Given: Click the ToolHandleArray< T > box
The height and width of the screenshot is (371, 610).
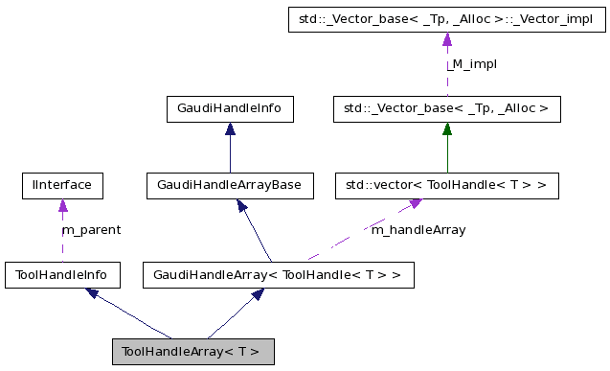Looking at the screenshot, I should coord(192,351).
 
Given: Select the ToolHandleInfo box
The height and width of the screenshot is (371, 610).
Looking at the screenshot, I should coord(62,276).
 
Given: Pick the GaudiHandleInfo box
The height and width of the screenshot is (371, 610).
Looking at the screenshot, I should coord(230,109).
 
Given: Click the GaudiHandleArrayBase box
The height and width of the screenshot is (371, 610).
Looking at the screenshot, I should coord(230,184).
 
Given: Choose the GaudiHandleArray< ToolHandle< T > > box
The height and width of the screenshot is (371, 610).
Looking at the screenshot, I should coord(278,276).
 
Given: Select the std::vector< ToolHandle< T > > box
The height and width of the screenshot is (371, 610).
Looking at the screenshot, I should coord(446,184).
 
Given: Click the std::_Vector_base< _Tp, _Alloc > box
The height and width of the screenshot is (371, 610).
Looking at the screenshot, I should coord(446,109).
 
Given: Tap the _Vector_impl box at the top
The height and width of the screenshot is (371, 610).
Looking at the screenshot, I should coord(446,20).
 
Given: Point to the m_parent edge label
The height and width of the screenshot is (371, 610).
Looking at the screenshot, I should coord(91,230).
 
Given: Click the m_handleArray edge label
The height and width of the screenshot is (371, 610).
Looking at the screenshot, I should coord(418,230).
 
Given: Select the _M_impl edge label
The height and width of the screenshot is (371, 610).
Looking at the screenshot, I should coord(471,63).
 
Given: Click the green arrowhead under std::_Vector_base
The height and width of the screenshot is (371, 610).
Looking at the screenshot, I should coord(446,129).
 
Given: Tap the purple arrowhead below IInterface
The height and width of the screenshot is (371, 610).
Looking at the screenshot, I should coord(62,205).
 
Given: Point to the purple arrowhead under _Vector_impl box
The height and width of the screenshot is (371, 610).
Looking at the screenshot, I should coord(446,40).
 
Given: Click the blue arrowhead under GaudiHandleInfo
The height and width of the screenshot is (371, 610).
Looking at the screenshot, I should coord(230,129).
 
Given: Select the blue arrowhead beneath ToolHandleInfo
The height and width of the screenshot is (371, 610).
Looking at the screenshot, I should coord(93,294).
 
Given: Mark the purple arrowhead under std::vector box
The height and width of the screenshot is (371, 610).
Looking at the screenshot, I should coord(415,204).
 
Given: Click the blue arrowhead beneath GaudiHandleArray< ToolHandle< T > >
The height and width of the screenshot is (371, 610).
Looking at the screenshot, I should coord(256,296).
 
